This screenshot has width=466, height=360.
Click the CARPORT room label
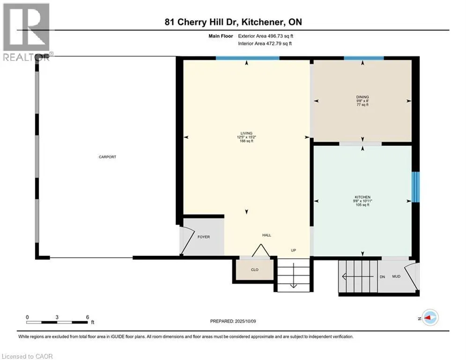(107, 157)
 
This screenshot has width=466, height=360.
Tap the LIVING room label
(246, 133)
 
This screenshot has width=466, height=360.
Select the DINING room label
(362, 97)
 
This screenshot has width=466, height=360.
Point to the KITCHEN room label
(362, 197)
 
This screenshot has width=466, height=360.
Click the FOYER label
(204, 237)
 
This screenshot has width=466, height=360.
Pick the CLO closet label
(255, 270)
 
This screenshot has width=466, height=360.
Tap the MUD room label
(396, 277)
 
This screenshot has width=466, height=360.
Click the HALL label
(266, 235)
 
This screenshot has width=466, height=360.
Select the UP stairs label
(293, 250)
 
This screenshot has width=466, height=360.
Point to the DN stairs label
(382, 277)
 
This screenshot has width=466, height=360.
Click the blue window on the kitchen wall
(415, 187)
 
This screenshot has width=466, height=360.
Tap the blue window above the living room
(247, 58)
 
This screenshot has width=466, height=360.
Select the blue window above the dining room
(364, 58)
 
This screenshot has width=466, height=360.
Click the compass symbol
(430, 318)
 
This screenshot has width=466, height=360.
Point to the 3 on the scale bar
(57, 317)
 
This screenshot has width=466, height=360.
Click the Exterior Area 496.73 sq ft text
(266, 36)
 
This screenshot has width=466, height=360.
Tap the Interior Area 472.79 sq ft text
(265, 44)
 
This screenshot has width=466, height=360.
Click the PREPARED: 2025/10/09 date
(233, 321)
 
